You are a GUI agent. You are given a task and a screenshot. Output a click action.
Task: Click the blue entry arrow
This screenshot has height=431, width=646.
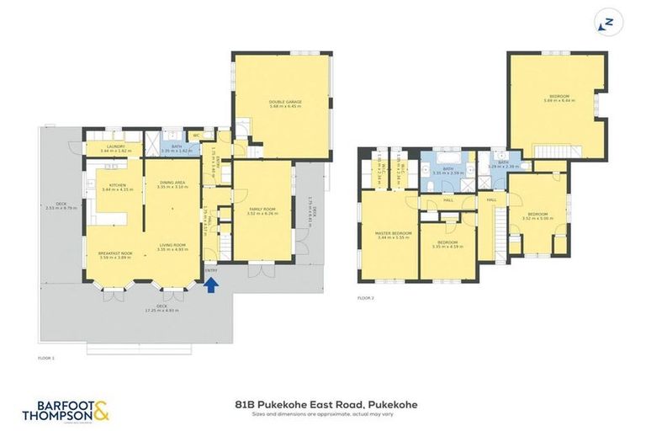click(212, 285)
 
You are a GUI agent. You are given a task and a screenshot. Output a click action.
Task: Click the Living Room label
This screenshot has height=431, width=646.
click(173, 246)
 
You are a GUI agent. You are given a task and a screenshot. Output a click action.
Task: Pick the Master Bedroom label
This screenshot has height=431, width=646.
click(390, 234)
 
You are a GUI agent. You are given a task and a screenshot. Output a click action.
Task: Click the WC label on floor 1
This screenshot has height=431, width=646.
click(196, 135)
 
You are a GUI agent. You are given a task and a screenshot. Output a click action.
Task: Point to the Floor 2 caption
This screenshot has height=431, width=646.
click(365, 298)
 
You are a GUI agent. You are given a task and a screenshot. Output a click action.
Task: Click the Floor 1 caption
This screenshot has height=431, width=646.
click(46, 359)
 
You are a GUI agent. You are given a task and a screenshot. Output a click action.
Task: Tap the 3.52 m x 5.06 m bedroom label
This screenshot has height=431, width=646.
click(537, 216)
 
